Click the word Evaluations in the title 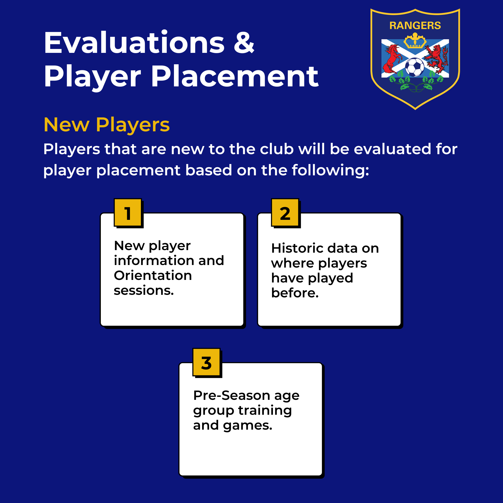point(134,42)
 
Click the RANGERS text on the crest point(415,26)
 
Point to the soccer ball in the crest point(415,67)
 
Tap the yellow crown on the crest point(415,41)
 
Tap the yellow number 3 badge point(207,362)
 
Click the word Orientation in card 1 point(153,275)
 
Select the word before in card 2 point(295,293)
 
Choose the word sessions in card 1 point(144,291)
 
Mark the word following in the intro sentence point(330,170)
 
